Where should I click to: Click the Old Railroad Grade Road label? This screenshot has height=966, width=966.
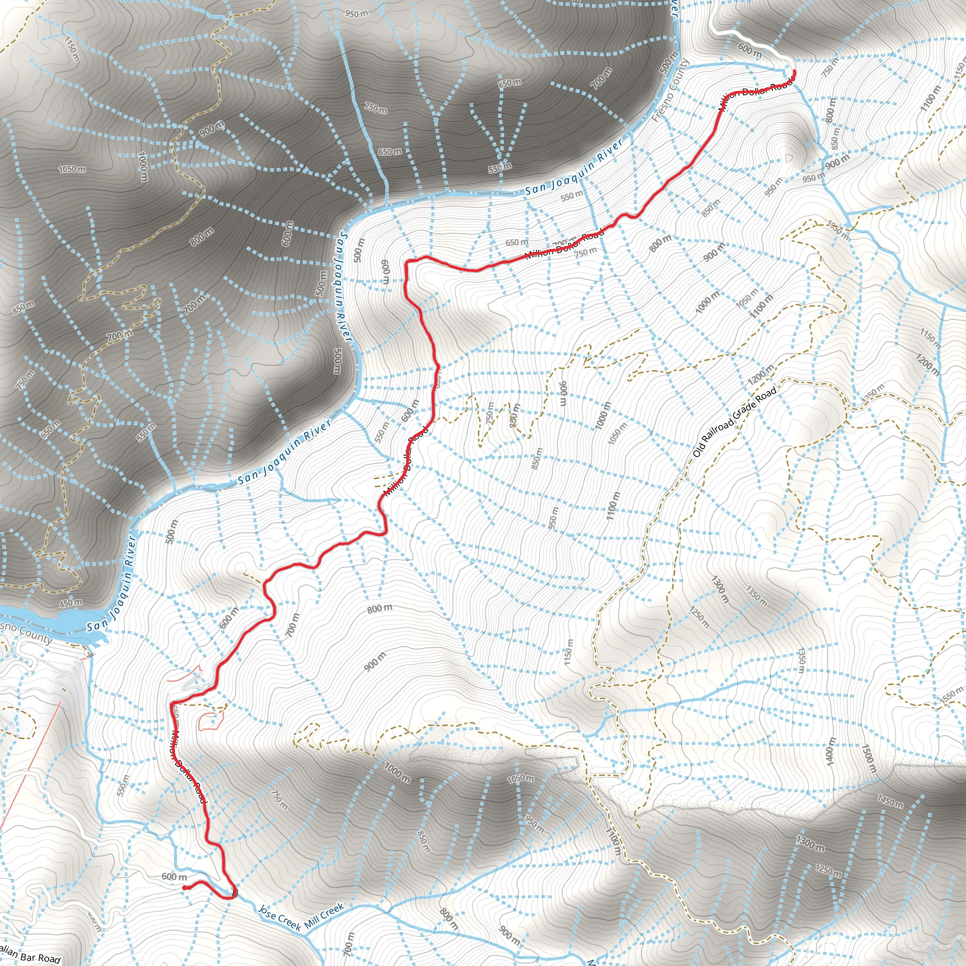[734, 423]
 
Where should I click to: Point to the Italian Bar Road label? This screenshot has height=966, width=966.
[30, 954]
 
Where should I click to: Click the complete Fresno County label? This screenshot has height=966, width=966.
[671, 91]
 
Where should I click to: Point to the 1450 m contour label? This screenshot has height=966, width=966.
[890, 801]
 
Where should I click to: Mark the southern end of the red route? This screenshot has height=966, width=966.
[184, 888]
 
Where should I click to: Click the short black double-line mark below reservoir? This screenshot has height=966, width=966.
[91, 656]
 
